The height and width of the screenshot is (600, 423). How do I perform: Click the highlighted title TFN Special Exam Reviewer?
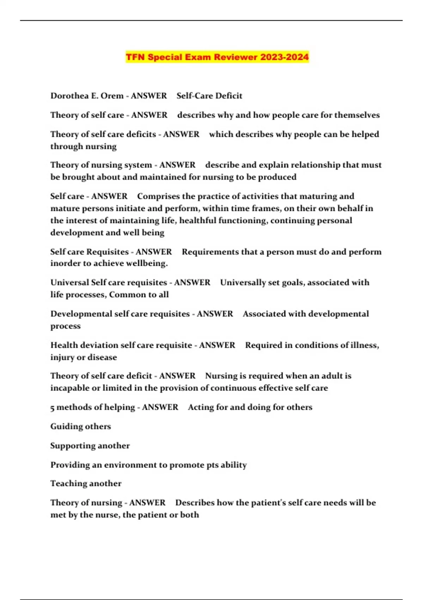pyautogui.click(x=217, y=57)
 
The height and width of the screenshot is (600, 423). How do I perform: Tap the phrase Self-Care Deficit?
pyautogui.click(x=209, y=96)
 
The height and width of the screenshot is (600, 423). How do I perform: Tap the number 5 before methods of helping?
pyautogui.click(x=52, y=408)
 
